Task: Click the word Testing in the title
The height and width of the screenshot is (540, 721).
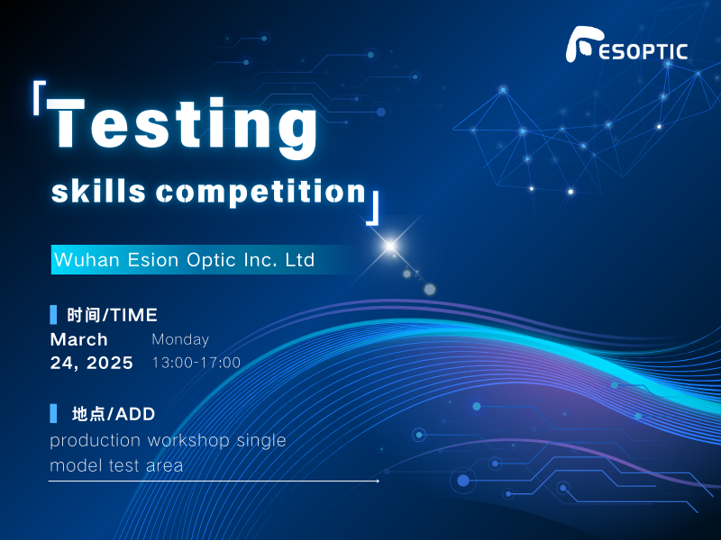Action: tap(184, 124)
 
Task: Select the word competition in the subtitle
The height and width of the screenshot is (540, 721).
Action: tap(260, 191)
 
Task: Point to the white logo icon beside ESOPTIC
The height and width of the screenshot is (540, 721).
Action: tap(583, 45)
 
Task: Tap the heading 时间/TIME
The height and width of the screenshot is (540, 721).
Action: tap(112, 315)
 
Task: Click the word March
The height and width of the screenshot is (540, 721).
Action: tap(78, 340)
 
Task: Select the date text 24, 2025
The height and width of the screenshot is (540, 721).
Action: tap(91, 364)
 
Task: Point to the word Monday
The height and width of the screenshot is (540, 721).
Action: tap(180, 340)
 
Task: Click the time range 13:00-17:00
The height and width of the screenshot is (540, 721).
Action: tap(196, 364)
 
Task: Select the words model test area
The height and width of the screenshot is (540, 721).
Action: tap(116, 465)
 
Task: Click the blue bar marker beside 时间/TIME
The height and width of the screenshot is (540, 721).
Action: tap(53, 315)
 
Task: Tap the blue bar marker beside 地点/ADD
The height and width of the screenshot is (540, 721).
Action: tap(53, 414)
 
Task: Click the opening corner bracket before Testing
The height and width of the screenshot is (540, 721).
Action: tap(39, 98)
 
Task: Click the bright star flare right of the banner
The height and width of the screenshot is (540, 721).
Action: tap(390, 245)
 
